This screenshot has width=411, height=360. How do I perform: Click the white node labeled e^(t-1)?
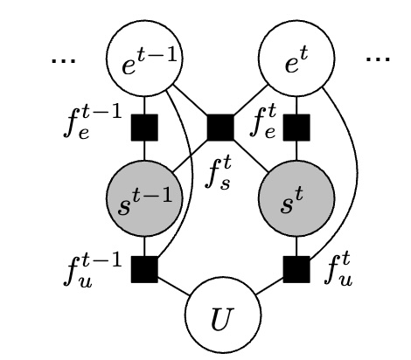tap(143, 62)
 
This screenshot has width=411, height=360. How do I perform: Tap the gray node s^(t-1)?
tap(143, 200)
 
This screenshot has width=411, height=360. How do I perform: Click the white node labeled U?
tap(219, 314)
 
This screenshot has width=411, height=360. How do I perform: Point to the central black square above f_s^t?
tap(219, 129)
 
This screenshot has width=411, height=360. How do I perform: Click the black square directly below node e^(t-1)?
tap(143, 129)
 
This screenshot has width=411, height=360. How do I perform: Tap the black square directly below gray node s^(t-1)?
tap(143, 268)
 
